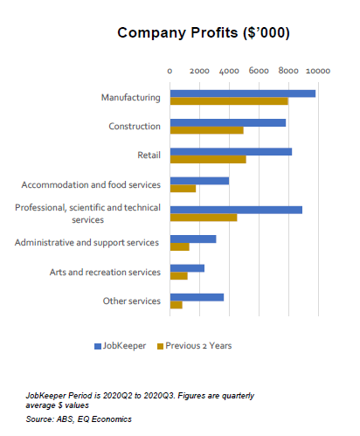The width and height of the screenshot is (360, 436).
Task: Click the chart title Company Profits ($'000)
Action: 204,33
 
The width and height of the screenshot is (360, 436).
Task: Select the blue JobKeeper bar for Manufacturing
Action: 242,93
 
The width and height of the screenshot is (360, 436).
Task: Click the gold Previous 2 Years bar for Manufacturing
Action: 228,101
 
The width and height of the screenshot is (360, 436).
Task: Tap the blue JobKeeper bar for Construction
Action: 227,122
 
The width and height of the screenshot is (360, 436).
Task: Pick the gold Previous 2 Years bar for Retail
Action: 207,160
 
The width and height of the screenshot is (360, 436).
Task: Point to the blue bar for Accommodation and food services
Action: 199,181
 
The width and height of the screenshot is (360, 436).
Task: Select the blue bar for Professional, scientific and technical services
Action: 236,210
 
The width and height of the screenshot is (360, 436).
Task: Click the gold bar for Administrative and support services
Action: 179,246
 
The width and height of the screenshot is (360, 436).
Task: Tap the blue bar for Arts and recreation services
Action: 187,268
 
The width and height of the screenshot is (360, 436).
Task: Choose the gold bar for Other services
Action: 176,305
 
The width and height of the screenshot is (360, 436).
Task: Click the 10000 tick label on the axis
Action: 317,71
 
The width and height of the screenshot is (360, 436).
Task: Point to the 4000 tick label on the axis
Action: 229,71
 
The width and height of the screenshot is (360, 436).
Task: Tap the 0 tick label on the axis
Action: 170,71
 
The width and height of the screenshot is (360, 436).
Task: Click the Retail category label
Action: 149,156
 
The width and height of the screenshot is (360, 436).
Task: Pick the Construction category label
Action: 135,127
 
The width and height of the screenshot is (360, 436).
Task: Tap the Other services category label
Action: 131,301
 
